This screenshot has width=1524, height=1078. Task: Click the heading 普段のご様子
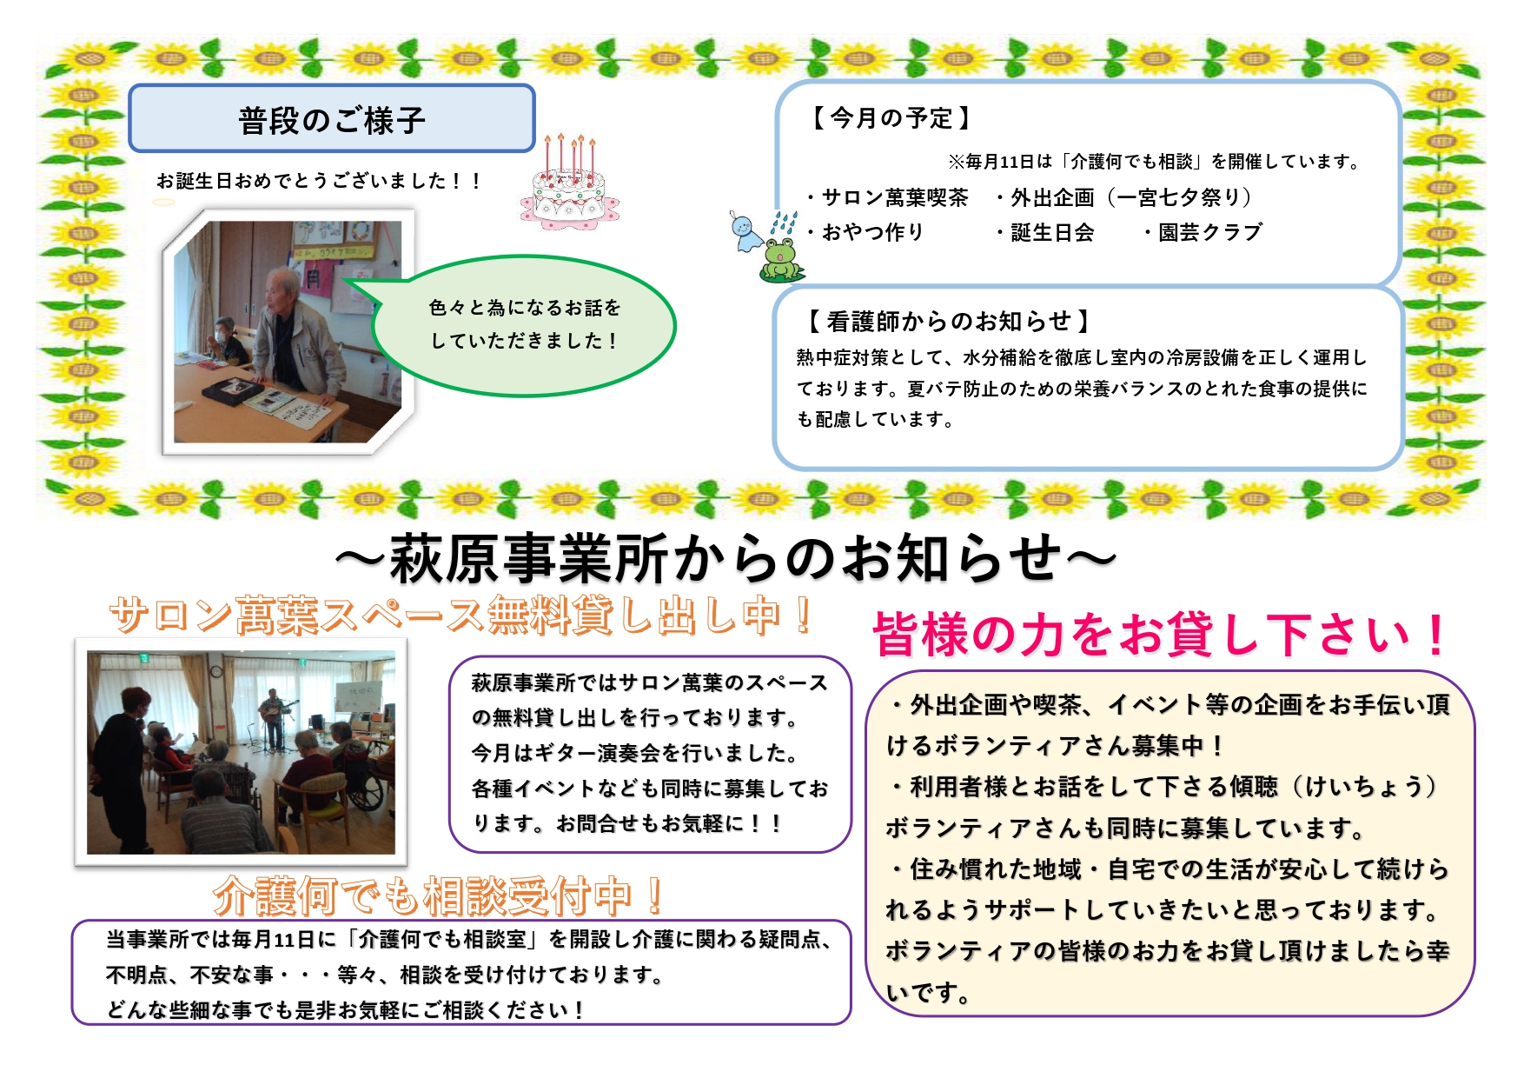point(332,120)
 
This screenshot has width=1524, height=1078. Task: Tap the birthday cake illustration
point(570,183)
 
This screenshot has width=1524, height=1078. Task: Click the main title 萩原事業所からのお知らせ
point(726,558)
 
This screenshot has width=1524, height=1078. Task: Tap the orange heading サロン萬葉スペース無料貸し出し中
point(461,615)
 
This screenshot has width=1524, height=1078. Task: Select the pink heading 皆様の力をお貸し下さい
point(1161,634)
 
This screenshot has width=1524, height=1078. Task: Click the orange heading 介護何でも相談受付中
point(440,895)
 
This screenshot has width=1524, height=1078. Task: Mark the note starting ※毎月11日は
point(1156,162)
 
